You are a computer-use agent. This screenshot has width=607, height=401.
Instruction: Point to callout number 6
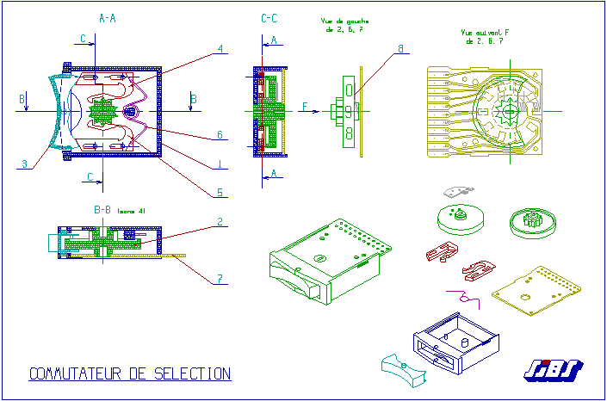click(220, 135)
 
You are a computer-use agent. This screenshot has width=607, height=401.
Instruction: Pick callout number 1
click(220, 163)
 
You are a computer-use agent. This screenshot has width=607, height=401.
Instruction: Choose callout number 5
click(220, 192)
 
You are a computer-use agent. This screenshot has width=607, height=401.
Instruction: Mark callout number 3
click(25, 163)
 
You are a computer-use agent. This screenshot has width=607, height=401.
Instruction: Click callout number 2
click(220, 221)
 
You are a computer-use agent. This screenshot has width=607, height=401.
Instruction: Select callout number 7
click(220, 278)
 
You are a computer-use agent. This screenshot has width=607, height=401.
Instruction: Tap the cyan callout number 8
click(399, 49)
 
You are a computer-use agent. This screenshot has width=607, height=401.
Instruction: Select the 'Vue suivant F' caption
click(485, 36)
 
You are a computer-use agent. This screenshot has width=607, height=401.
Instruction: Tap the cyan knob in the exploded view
click(404, 367)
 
